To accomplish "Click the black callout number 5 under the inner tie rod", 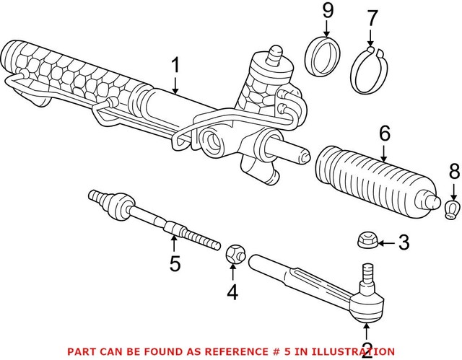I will point(175,263).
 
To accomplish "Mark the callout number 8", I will point(453,172).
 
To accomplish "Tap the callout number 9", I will point(326,12).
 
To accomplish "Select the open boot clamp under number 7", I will point(371,69).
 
